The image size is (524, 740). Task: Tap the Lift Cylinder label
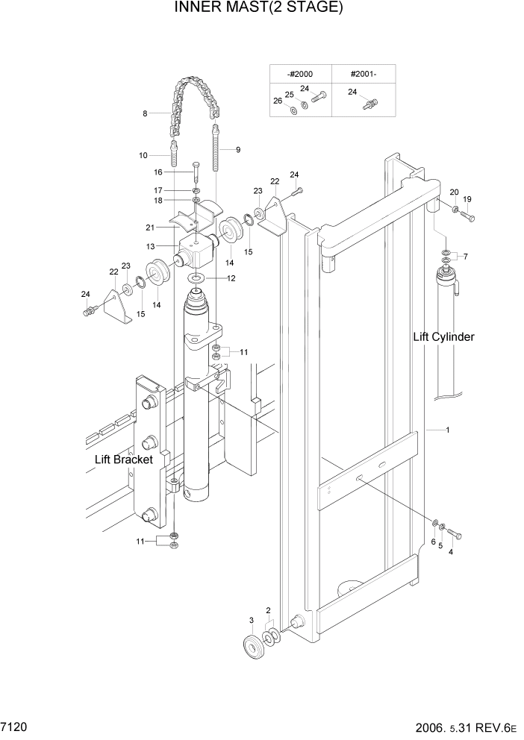click(x=443, y=336)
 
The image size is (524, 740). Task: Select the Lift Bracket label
click(x=123, y=460)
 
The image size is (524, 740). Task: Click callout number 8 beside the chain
click(x=145, y=114)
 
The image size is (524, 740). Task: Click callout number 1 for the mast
click(x=446, y=430)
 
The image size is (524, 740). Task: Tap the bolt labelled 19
click(x=468, y=216)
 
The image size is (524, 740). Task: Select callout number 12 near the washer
click(x=231, y=278)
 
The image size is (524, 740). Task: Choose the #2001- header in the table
click(x=364, y=74)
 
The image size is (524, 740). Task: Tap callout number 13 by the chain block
click(x=150, y=246)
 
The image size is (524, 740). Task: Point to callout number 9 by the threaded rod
click(x=237, y=150)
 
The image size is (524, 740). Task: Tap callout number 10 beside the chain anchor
click(x=143, y=155)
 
